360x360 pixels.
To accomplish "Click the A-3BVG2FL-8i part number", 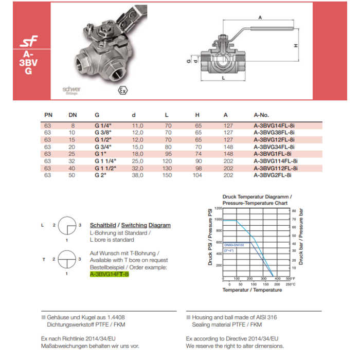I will pos(272,175).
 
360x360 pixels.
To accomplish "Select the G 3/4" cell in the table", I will pos(103,147).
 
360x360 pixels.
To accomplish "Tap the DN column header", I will pos(73,115).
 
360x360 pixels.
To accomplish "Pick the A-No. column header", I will pos(261,115).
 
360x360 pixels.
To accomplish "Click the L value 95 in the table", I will pos(167,154).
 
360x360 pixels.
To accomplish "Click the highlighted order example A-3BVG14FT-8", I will pos(109,275).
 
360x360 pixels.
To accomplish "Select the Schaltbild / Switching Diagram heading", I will pos(130,225).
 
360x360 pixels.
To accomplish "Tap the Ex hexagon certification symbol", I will pos(122,91).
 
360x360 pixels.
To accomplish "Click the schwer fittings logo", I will pos(71,90).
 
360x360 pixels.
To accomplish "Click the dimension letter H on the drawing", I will pos(296,46).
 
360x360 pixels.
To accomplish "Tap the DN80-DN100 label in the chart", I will pos(235,245).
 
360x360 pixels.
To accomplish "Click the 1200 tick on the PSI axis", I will pos(218,208).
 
